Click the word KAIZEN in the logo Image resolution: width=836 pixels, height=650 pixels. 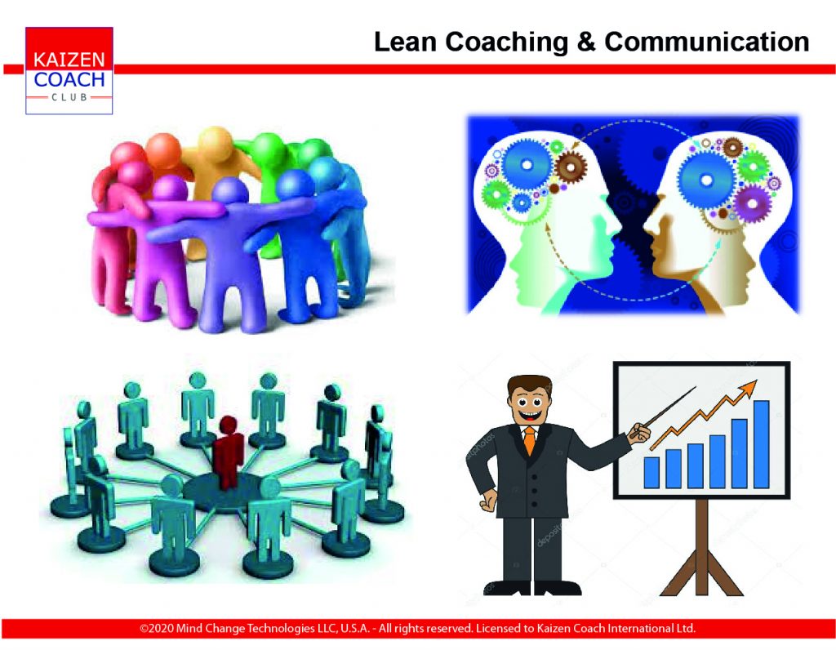click(x=69, y=59)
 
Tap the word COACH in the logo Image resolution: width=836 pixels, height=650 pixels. click(x=69, y=80)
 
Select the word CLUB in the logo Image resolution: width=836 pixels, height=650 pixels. click(x=69, y=97)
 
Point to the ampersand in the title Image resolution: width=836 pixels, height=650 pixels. click(x=586, y=42)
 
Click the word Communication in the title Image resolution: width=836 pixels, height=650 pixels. click(x=706, y=42)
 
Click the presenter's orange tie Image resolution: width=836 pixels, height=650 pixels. click(x=529, y=440)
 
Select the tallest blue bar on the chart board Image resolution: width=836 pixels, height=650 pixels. click(x=762, y=444)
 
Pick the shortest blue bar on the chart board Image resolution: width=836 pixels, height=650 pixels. click(x=651, y=473)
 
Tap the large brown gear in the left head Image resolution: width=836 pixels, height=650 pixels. click(x=571, y=167)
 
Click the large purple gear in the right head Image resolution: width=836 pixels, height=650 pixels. click(x=752, y=203)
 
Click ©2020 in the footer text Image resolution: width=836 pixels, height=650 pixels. click(x=156, y=628)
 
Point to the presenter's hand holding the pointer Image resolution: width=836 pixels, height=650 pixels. click(x=640, y=433)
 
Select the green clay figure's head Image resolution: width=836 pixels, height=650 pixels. click(x=268, y=149)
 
